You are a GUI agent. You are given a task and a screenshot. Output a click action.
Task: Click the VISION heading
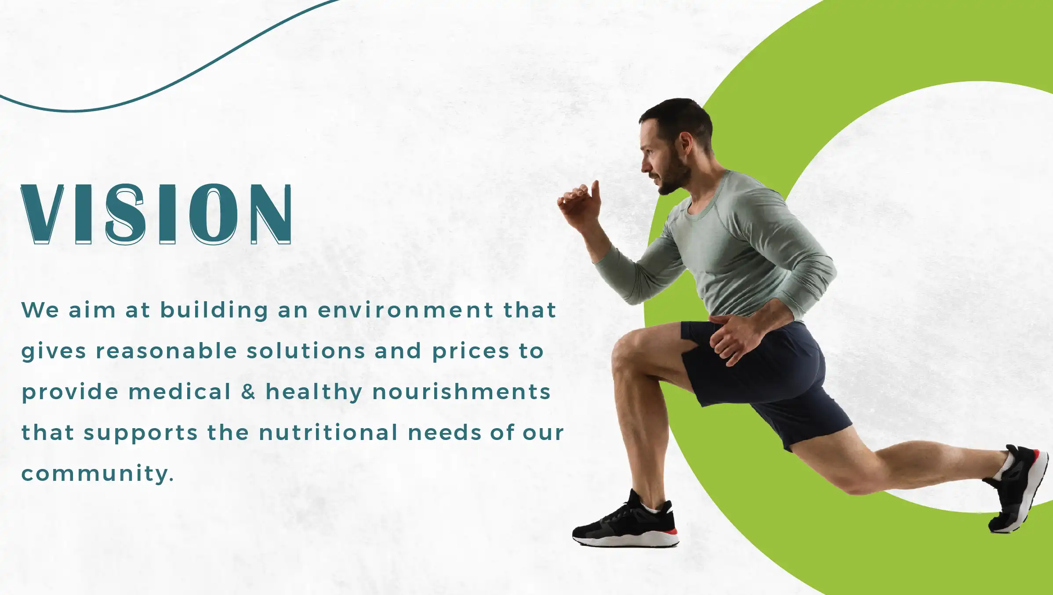(156, 214)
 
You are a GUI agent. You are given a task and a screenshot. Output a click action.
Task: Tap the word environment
(406, 310)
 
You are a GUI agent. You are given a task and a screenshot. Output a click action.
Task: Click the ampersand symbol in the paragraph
(248, 391)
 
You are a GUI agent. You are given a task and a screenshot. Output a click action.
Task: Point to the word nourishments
(461, 391)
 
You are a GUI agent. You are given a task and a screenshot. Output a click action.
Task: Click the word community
(98, 474)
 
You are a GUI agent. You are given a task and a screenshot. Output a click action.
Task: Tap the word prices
(471, 352)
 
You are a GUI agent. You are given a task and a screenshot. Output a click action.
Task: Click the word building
(214, 311)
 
